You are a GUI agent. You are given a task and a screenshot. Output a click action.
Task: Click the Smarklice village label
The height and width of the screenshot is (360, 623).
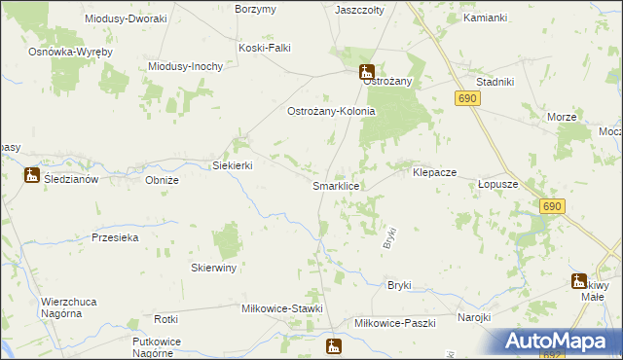(x=337, y=185)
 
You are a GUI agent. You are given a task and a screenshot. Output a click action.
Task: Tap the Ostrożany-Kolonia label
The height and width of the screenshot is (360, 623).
(x=330, y=112)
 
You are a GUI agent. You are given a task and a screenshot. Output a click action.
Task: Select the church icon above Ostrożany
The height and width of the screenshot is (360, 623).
(x=367, y=70)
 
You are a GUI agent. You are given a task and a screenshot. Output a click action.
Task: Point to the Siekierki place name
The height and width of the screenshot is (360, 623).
(x=233, y=165)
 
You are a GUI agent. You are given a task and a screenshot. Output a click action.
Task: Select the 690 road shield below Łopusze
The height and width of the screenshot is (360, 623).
(x=553, y=206)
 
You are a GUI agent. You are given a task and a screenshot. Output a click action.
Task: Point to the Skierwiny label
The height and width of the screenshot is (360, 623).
(x=214, y=267)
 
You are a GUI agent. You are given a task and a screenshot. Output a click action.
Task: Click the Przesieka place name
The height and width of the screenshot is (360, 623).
(x=115, y=237)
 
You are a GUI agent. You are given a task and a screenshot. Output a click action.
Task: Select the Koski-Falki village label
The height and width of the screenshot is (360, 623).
(x=265, y=47)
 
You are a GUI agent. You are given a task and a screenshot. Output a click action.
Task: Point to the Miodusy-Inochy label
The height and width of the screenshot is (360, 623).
(x=186, y=66)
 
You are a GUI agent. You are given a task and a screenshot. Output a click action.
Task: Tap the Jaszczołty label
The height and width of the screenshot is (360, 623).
(x=358, y=10)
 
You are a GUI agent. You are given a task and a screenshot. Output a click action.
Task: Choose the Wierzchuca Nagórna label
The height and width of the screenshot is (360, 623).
(x=68, y=307)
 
